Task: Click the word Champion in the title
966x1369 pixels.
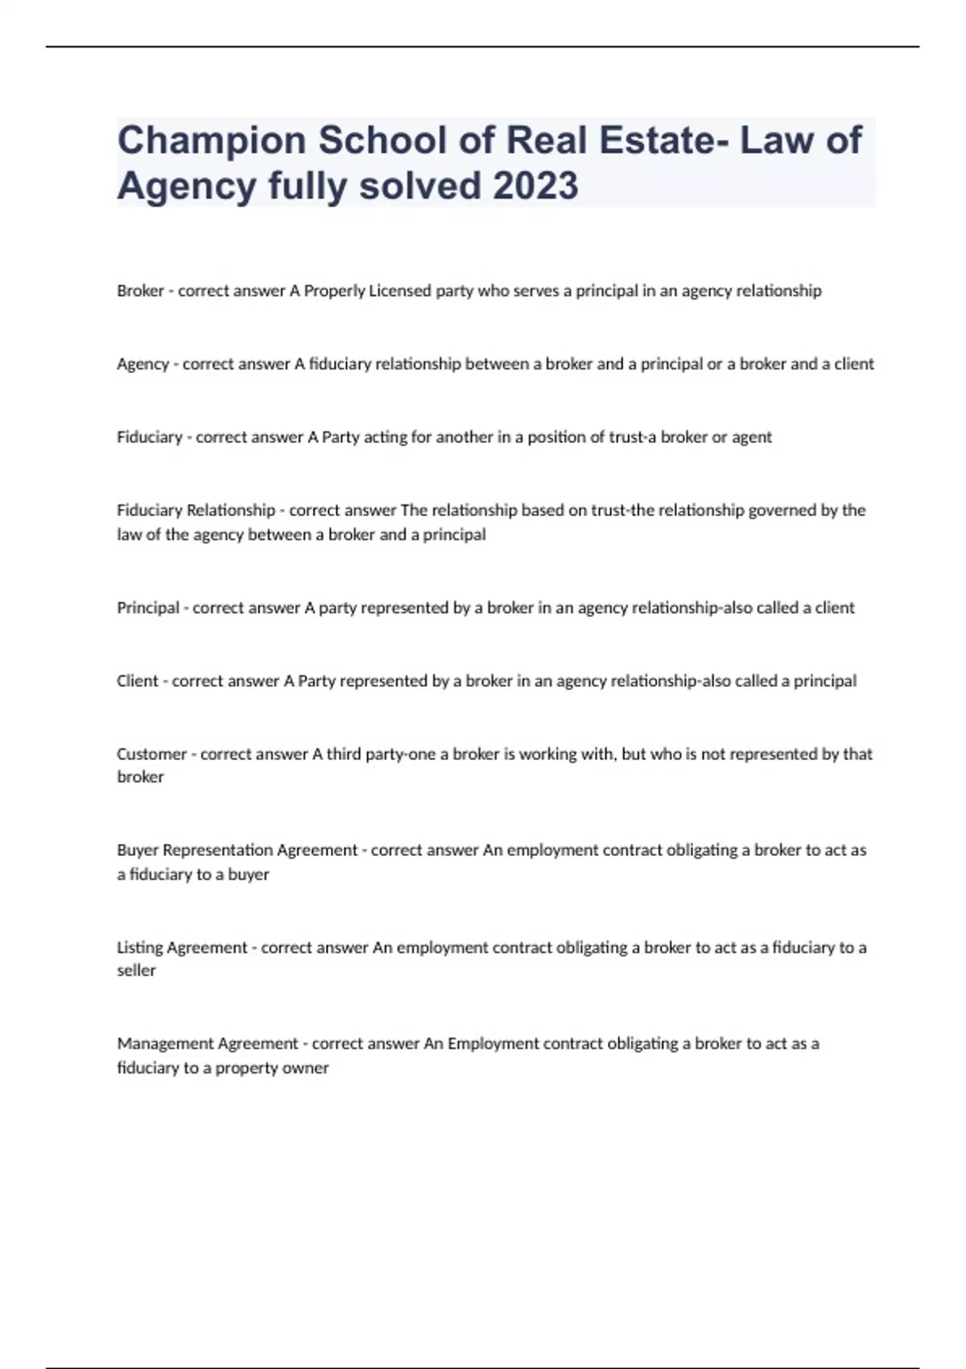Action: pyautogui.click(x=212, y=141)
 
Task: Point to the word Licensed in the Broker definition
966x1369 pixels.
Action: pyautogui.click(x=400, y=291)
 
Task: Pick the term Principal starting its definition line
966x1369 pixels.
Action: pyautogui.click(x=148, y=608)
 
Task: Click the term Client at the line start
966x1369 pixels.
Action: pyautogui.click(x=138, y=681)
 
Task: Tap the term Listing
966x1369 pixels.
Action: pyautogui.click(x=139, y=948)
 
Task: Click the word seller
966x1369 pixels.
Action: pyautogui.click(x=136, y=970)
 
